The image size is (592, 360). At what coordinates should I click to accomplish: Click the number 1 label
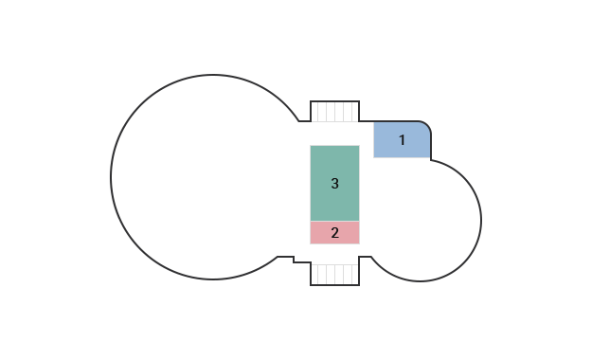(403, 140)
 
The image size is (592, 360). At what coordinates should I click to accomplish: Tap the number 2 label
(335, 233)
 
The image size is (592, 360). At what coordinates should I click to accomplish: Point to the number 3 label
(335, 184)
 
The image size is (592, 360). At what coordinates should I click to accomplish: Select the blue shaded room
(403, 140)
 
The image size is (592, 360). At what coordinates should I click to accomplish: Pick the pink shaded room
(335, 233)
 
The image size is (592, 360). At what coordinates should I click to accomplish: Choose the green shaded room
(335, 183)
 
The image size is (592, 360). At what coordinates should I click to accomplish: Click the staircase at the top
(335, 112)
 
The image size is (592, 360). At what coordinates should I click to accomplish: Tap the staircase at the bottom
(335, 274)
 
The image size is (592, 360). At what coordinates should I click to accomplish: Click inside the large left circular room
(212, 177)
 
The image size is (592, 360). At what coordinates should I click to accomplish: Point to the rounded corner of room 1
(427, 125)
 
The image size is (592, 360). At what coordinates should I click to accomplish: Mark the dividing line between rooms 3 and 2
(335, 221)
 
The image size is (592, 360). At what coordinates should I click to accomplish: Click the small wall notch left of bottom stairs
(294, 260)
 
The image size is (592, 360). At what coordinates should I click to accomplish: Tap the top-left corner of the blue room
(374, 122)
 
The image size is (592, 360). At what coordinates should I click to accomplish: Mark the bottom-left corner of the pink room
(311, 244)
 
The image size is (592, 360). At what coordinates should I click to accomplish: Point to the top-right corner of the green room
(359, 146)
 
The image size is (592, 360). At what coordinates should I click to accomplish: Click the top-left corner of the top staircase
(311, 101)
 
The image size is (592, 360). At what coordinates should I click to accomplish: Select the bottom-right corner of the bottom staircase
(359, 285)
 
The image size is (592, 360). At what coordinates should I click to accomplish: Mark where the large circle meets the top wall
(299, 121)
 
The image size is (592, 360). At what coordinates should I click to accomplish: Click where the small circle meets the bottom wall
(371, 257)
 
